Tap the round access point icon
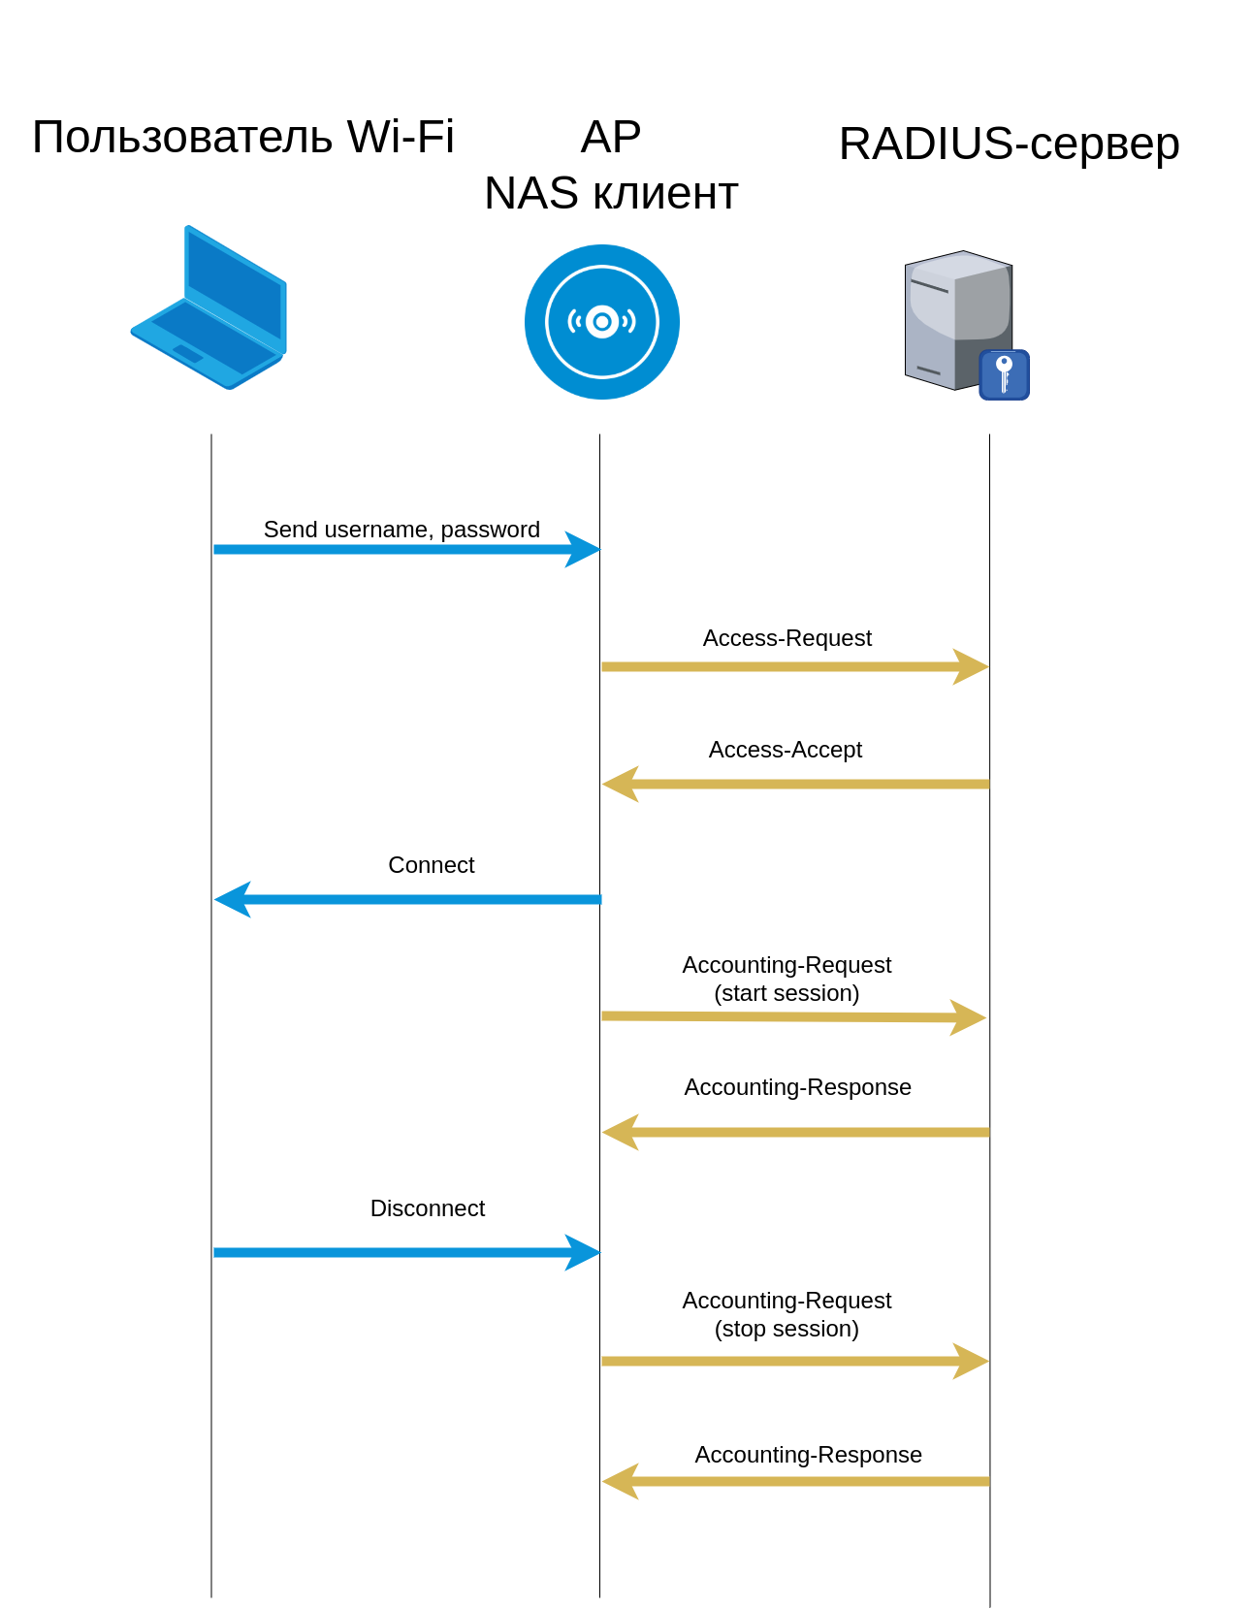click(x=601, y=321)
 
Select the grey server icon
click(x=955, y=320)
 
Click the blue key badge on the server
click(x=1004, y=374)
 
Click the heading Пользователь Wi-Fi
click(x=242, y=137)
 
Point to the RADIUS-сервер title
click(x=1009, y=144)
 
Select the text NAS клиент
click(x=611, y=193)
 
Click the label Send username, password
click(x=401, y=530)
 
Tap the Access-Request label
click(x=787, y=638)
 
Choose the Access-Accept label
click(x=785, y=750)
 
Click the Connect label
click(x=431, y=865)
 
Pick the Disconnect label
click(x=427, y=1208)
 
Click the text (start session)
click(x=787, y=993)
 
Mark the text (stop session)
click(x=787, y=1329)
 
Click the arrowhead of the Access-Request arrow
click(x=970, y=667)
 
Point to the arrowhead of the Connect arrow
click(x=233, y=899)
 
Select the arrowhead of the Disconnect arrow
click(x=582, y=1252)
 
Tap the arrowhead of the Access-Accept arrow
click(x=621, y=784)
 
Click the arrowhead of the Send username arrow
click(x=582, y=549)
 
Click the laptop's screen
click(x=235, y=285)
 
